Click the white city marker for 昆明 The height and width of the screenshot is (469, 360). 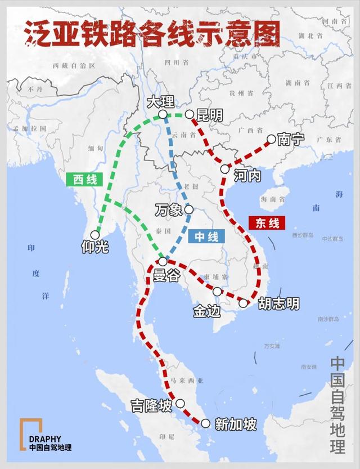tap(190, 114)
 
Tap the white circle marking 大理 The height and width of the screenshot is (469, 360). tap(162, 114)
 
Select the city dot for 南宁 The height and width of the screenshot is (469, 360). tap(271, 139)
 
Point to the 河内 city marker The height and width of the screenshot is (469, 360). tap(224, 168)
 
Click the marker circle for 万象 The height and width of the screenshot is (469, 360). tap(189, 209)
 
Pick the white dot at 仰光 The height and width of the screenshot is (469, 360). tap(96, 234)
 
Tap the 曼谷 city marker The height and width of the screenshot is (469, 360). tap(163, 261)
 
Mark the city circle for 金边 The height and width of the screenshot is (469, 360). tap(217, 291)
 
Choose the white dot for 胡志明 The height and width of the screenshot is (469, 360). tap(244, 303)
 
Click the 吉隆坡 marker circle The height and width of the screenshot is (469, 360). tap(180, 403)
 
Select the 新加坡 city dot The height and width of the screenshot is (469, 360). tap(205, 423)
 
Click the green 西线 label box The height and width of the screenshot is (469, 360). tap(85, 180)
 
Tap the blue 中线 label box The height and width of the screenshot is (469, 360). tap(206, 236)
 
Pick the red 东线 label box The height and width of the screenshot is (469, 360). tap(267, 223)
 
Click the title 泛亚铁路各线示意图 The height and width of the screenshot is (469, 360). tap(152, 35)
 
